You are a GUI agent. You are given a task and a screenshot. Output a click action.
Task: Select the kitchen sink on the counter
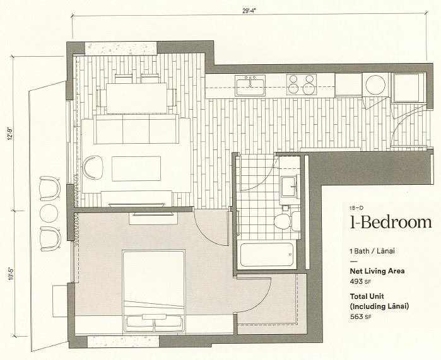(x=250, y=84)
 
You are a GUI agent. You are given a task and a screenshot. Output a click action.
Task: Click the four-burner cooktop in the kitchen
(x=301, y=84)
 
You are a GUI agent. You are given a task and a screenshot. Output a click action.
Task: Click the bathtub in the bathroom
(x=267, y=256)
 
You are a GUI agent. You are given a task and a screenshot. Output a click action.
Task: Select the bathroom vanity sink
(x=291, y=188)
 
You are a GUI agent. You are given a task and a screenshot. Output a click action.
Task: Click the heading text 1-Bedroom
(x=391, y=222)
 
